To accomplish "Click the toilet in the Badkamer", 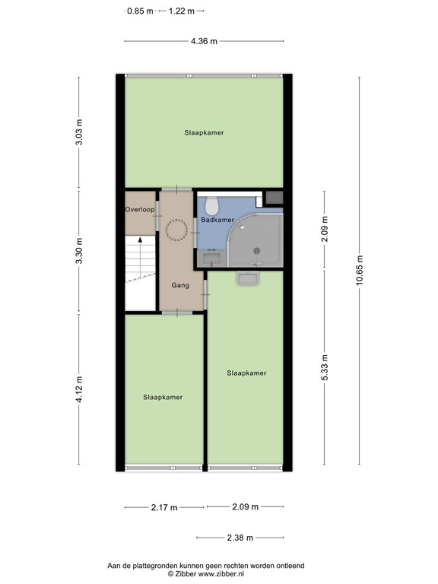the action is tap(213, 204).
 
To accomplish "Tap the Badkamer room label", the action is tap(217, 220).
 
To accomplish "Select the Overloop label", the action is tap(140, 210).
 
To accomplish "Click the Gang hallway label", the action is tap(180, 285).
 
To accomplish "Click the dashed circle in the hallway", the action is tap(176, 230).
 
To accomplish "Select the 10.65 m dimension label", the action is tap(359, 271).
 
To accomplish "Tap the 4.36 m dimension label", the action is tap(204, 41).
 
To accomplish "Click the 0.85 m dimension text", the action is tap(141, 11).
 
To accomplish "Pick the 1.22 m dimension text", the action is tap(182, 11).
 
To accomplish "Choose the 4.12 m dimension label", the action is tap(78, 389).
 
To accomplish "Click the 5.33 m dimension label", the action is tap(325, 367).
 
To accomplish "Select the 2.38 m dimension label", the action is tap(240, 538).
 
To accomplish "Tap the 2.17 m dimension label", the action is tap(164, 507).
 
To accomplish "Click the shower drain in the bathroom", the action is tap(256, 251).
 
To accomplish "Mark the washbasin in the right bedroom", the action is tap(248, 278).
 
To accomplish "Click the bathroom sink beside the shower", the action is tap(212, 258).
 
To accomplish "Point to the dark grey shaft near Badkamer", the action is tap(274, 198).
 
